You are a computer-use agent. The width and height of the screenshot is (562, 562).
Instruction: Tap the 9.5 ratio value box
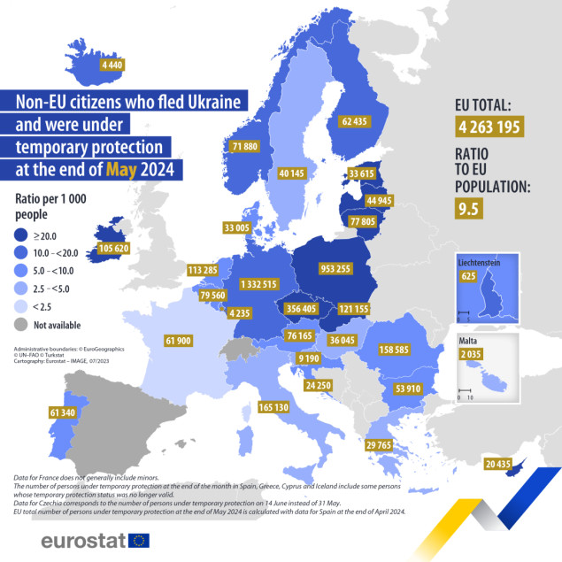[x=473, y=209]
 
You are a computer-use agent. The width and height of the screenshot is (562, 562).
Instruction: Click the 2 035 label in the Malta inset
[x=470, y=355]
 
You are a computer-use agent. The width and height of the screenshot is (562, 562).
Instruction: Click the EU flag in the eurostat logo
[x=138, y=540]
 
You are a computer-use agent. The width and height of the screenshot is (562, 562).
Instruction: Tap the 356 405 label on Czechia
[x=292, y=309]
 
